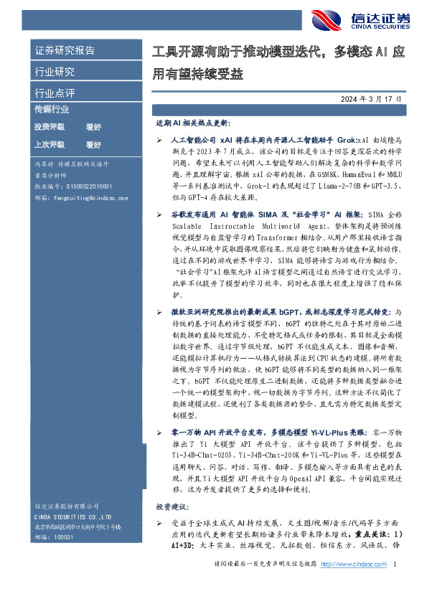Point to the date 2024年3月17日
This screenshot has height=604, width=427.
(x=369, y=98)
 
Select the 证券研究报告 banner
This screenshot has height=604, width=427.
(x=65, y=50)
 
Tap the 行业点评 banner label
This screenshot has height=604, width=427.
(x=55, y=93)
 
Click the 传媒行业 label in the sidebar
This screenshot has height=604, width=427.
(x=52, y=109)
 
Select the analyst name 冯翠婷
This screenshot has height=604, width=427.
(x=44, y=164)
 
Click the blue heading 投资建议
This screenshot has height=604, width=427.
(x=169, y=506)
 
